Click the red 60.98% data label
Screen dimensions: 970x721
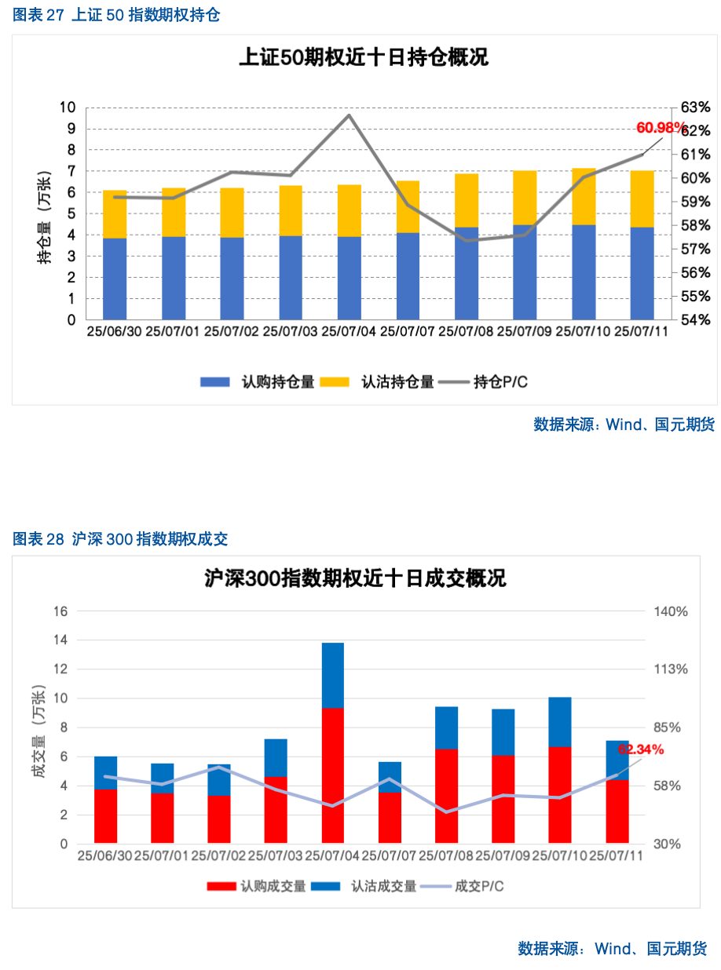(x=660, y=127)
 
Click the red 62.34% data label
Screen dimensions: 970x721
(x=640, y=749)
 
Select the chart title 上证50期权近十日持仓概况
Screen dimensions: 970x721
(x=363, y=57)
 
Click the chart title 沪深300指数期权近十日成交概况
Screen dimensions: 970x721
(x=355, y=579)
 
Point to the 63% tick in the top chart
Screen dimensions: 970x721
(x=694, y=108)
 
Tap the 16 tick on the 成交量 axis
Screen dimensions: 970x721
(x=60, y=611)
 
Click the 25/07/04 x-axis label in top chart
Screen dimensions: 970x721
(x=349, y=331)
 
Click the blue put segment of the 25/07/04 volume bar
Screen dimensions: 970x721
(x=332, y=675)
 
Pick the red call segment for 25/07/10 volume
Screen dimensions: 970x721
(x=559, y=794)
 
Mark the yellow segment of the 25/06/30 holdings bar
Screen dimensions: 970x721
(x=115, y=213)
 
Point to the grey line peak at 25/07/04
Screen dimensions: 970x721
(x=349, y=115)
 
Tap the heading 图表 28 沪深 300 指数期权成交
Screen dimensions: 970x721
(x=120, y=539)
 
